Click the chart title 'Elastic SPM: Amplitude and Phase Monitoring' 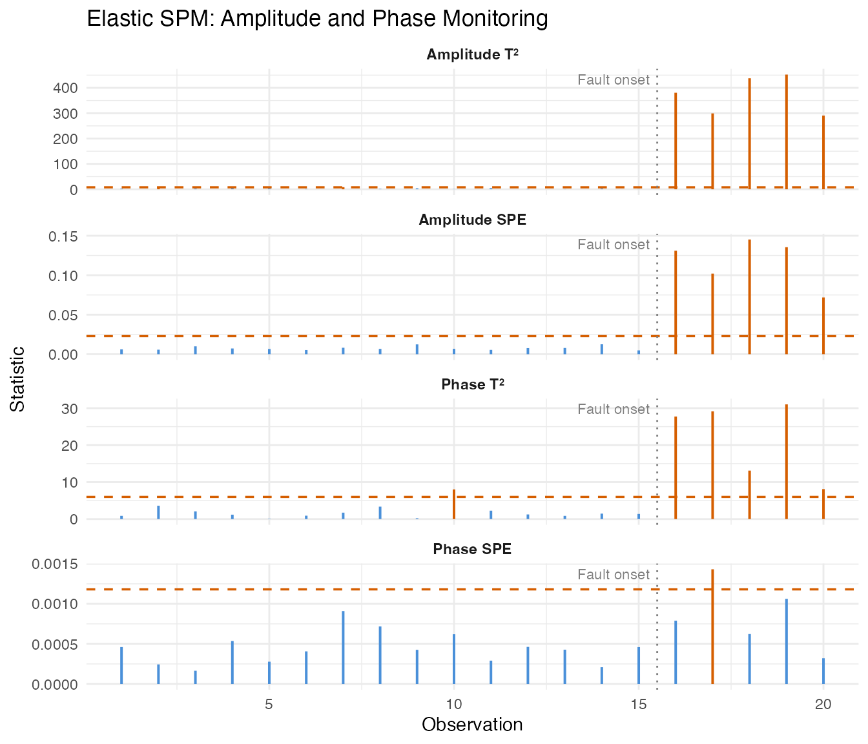point(317,19)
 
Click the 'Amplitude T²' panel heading point(473,55)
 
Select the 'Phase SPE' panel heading point(473,550)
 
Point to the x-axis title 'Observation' point(472,725)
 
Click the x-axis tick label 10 point(454,703)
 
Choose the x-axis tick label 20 point(823,703)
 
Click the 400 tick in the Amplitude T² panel point(65,88)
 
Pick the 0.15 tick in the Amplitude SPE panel point(62,236)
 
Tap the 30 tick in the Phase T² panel point(70,409)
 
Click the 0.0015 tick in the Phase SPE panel point(55,564)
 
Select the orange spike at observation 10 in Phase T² point(454,504)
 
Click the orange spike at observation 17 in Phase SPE point(712,626)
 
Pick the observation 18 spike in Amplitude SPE point(750,297)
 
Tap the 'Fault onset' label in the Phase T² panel point(614,409)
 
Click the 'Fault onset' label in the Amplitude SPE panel point(614,245)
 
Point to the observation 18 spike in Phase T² point(750,495)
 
